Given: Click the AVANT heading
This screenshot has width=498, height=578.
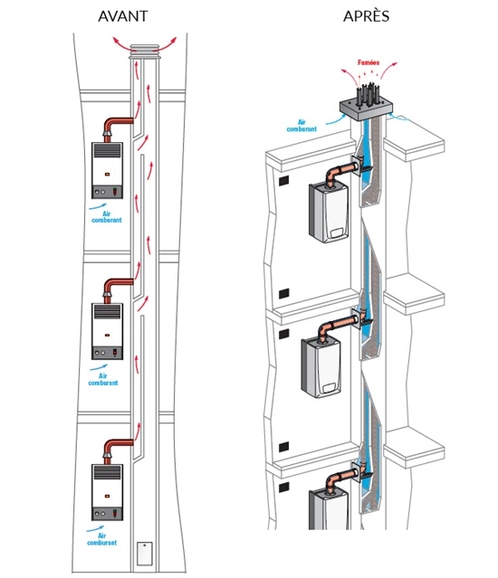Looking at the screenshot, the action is (123, 16).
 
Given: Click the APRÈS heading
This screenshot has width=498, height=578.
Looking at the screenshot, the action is (366, 16).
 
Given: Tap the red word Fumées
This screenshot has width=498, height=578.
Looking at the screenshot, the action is (369, 62).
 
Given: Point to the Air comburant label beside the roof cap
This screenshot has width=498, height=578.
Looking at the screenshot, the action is (302, 126).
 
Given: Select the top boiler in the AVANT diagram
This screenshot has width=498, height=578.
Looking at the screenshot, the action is (107, 170).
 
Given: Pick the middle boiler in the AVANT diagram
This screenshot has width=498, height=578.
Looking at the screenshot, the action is (107, 331).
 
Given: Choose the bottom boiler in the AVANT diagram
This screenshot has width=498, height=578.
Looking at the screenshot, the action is (107, 492).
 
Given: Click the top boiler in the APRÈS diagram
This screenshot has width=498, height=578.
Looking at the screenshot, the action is (328, 213).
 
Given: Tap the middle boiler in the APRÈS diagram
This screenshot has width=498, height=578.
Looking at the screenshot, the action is (321, 368).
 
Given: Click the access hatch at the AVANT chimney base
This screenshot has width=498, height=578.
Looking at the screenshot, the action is (145, 554).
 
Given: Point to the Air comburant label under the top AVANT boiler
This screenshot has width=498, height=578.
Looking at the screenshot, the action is (106, 217).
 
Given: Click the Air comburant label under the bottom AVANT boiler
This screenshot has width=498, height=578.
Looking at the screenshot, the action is (101, 539).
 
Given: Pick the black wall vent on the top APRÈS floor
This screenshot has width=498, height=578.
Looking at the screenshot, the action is (283, 181).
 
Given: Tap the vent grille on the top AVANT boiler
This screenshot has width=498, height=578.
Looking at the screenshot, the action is (107, 151).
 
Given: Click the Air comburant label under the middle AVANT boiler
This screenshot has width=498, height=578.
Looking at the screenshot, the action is (103, 379).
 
